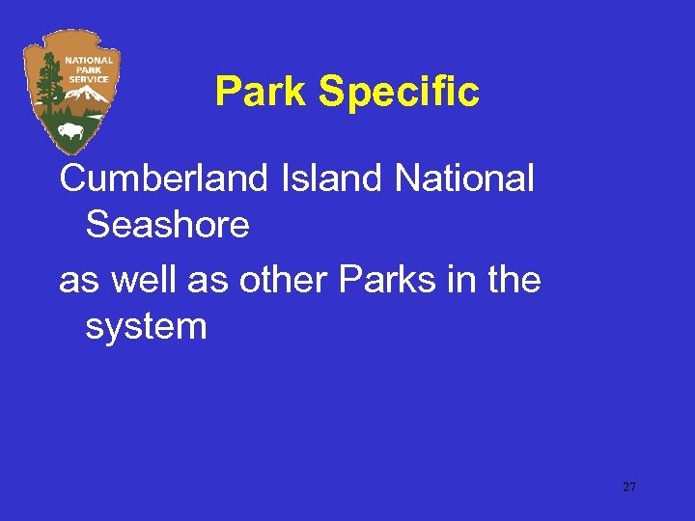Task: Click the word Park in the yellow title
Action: click(262, 93)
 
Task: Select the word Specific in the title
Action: click(399, 93)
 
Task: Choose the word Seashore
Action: click(167, 226)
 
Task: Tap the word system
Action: click(146, 327)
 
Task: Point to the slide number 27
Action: click(629, 487)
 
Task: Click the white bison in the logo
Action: click(69, 129)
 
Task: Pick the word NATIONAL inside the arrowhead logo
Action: click(88, 60)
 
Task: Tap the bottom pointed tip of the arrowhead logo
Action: click(67, 152)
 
